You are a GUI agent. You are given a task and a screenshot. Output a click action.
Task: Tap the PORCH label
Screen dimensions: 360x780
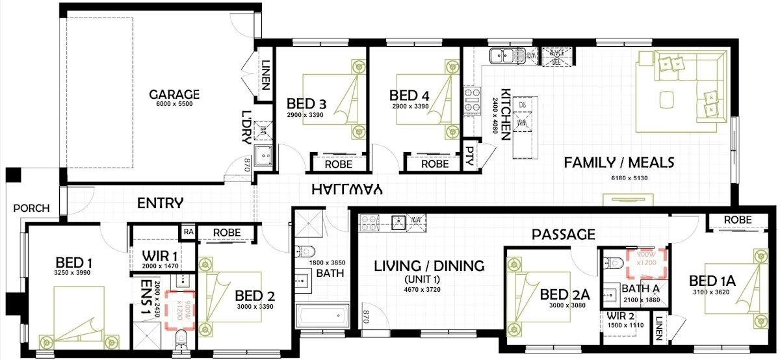click(x=31, y=208)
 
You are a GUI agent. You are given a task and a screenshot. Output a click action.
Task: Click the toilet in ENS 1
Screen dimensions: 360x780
click(x=181, y=339)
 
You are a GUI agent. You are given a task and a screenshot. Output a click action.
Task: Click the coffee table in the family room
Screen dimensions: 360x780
click(x=668, y=99)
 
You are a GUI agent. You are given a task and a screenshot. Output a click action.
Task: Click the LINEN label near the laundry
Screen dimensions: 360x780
click(x=266, y=71)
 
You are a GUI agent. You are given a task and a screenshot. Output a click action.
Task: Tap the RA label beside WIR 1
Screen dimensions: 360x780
click(x=188, y=232)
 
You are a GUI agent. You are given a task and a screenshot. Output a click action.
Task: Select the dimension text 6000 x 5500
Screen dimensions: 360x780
click(x=174, y=104)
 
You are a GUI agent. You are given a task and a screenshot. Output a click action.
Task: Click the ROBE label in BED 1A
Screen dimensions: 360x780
click(x=737, y=220)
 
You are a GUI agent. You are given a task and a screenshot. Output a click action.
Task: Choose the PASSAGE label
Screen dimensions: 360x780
click(x=563, y=234)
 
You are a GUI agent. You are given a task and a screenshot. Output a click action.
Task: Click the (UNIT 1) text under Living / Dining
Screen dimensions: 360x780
click(x=428, y=278)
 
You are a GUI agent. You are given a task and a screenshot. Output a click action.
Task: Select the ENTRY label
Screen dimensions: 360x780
click(x=161, y=203)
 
